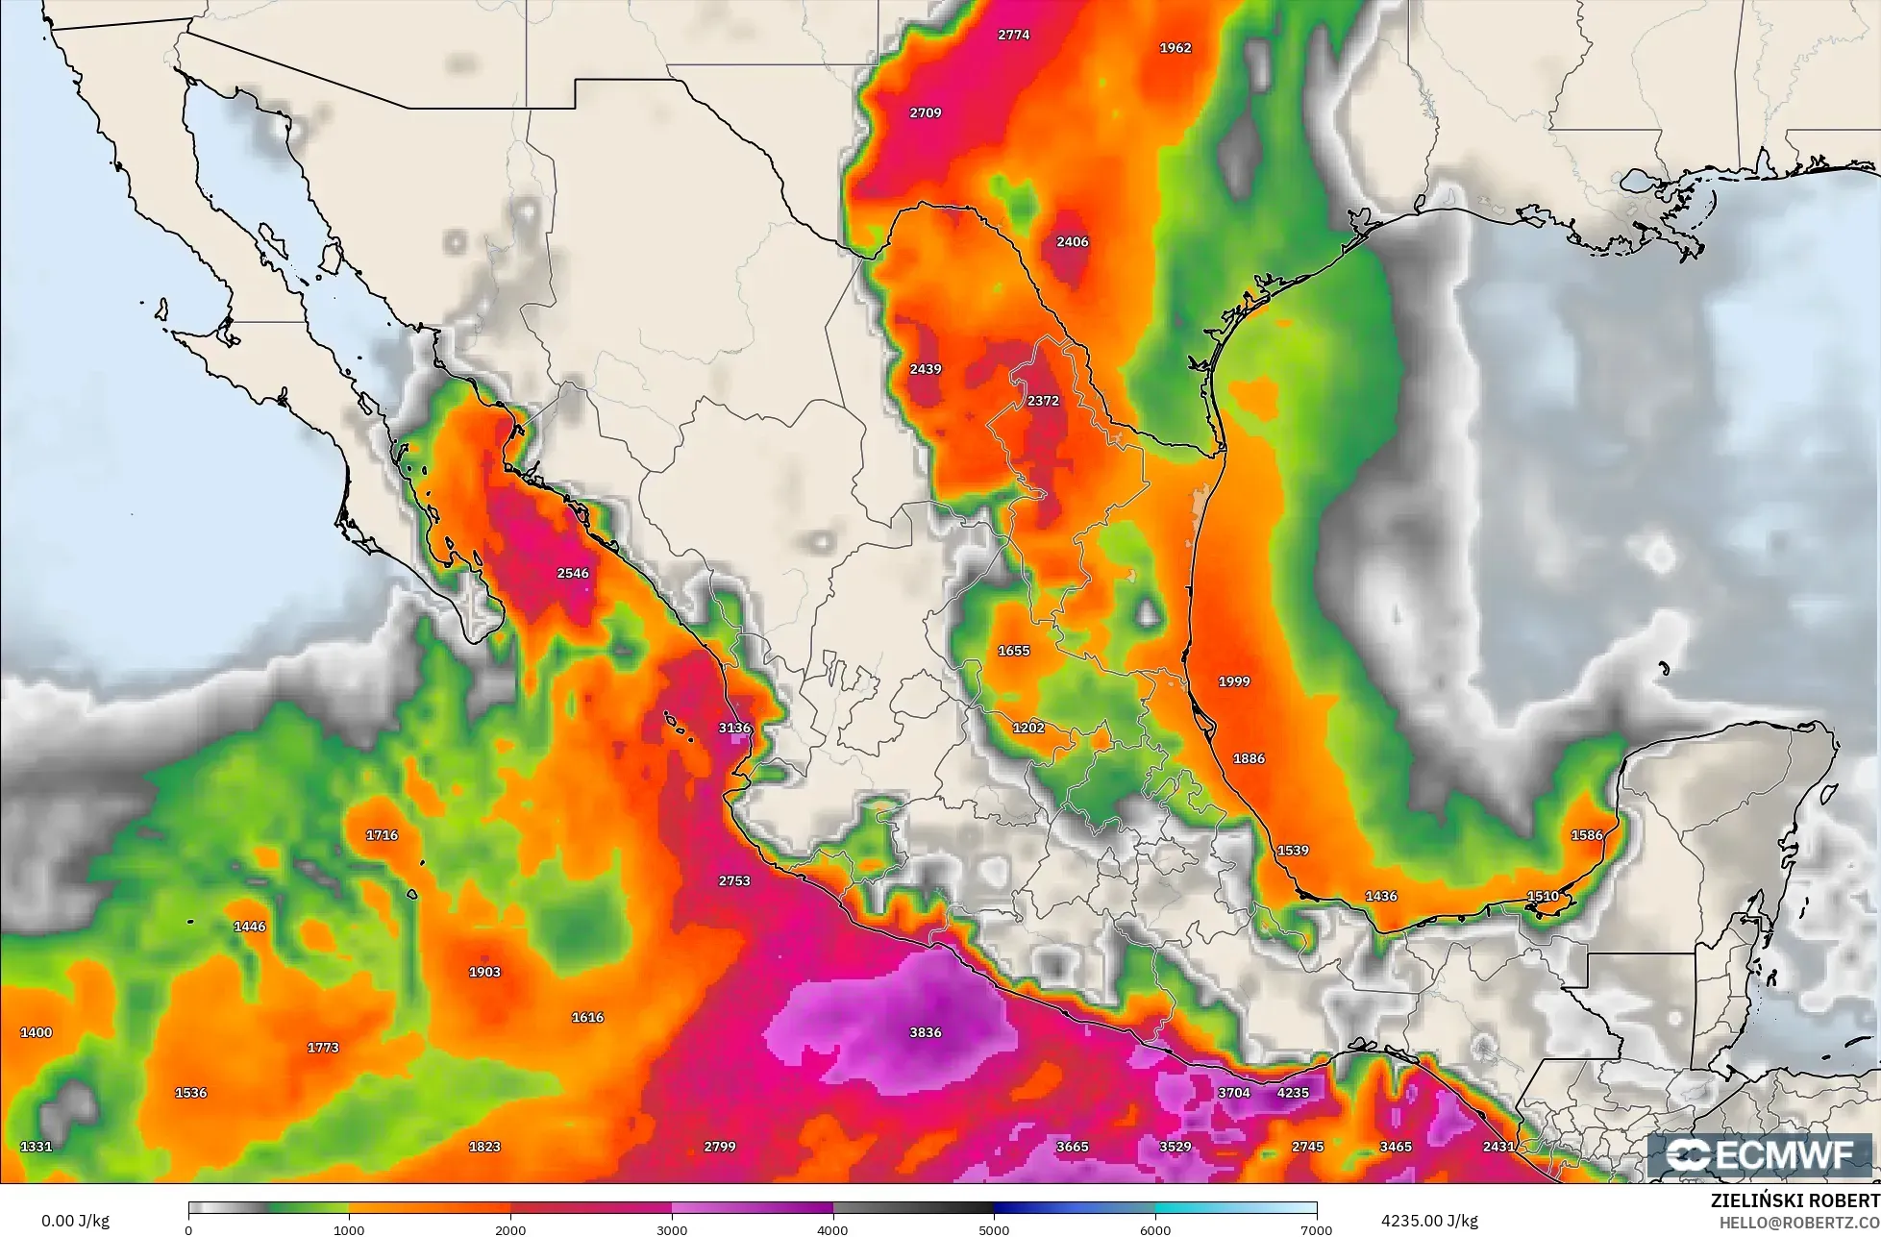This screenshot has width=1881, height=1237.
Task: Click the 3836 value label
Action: (x=925, y=1032)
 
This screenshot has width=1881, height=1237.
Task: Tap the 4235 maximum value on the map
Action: (x=1293, y=1093)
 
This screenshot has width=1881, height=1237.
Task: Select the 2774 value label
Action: (x=1013, y=35)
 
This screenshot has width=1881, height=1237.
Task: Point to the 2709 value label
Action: (x=925, y=112)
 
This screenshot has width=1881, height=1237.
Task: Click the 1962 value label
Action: (x=1175, y=47)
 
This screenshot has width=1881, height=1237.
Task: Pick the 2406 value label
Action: (x=1072, y=241)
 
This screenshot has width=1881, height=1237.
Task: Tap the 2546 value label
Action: (x=573, y=573)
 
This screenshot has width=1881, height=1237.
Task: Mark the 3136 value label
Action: (x=734, y=728)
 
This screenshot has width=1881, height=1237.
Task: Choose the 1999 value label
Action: (x=1234, y=681)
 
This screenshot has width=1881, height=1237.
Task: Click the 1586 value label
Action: (x=1587, y=834)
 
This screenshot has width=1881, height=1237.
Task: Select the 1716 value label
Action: (x=382, y=834)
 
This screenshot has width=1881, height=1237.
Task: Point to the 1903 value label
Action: (x=484, y=972)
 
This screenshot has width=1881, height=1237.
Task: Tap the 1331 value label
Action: (x=37, y=1146)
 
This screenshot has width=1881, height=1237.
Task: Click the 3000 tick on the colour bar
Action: (x=672, y=1229)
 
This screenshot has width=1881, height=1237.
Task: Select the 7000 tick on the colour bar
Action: (x=1316, y=1229)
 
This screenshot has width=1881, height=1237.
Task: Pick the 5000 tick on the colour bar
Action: (x=994, y=1229)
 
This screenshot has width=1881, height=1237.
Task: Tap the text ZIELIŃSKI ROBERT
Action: (x=1794, y=1200)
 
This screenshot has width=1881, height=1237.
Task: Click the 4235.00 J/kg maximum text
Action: (x=1429, y=1221)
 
